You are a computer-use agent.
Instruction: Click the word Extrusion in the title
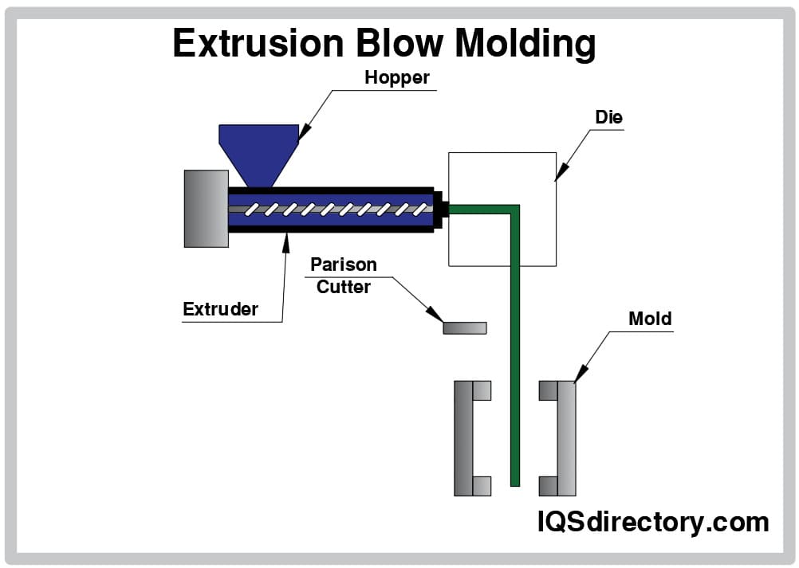click(255, 43)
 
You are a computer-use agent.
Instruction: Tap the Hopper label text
click(397, 78)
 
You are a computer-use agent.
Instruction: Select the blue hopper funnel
click(258, 151)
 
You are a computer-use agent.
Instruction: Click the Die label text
click(608, 117)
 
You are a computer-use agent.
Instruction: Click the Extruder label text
click(220, 309)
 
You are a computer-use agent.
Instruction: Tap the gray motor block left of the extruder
click(206, 208)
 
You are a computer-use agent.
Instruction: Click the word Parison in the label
click(344, 264)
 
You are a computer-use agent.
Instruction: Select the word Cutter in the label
click(344, 287)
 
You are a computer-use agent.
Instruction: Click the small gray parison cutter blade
click(465, 327)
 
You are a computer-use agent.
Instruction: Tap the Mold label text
click(650, 319)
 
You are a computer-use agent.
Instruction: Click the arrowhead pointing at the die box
click(560, 173)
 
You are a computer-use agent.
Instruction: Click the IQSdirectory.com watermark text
click(652, 522)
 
